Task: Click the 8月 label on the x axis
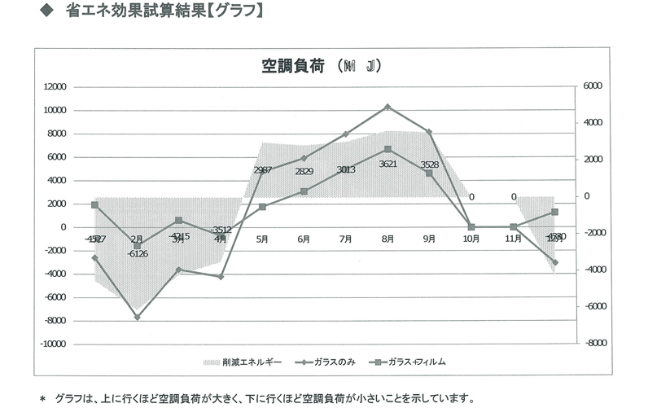pyautogui.click(x=387, y=239)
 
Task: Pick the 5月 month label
pyautogui.click(x=262, y=239)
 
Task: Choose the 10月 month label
pyautogui.click(x=471, y=239)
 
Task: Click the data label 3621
pyautogui.click(x=387, y=164)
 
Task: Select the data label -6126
pyautogui.click(x=137, y=253)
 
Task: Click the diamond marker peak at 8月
pyautogui.click(x=387, y=107)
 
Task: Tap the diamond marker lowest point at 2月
pyautogui.click(x=137, y=317)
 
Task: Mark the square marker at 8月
pyautogui.click(x=387, y=149)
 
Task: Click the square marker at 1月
pyautogui.click(x=94, y=205)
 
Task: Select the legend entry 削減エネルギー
pyautogui.click(x=241, y=361)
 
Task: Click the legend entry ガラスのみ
pyautogui.click(x=331, y=361)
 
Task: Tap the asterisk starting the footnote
pyautogui.click(x=43, y=399)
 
